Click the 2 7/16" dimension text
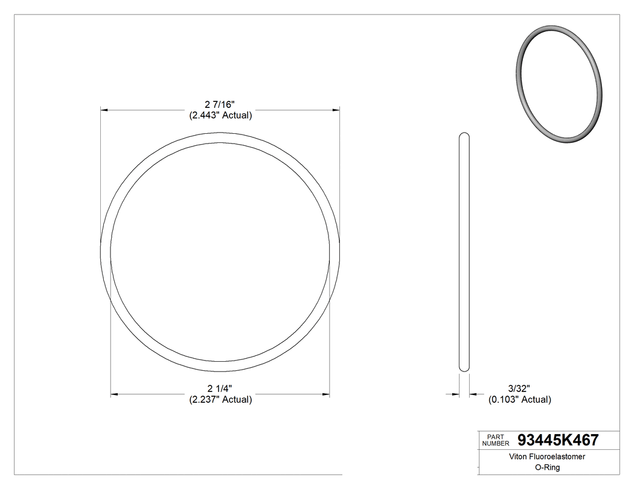tap(220, 104)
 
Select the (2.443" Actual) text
tap(220, 115)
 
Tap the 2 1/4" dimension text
tap(220, 388)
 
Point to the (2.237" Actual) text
tap(220, 399)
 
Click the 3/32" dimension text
tap(519, 388)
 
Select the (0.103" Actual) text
tap(519, 399)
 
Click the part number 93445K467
tap(558, 440)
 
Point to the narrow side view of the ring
tap(464, 251)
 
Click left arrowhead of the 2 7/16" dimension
tap(104, 110)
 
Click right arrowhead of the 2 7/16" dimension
tap(335, 110)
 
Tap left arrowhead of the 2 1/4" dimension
tap(114, 395)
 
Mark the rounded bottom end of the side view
tap(464, 368)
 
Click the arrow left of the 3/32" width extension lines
tap(455, 395)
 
